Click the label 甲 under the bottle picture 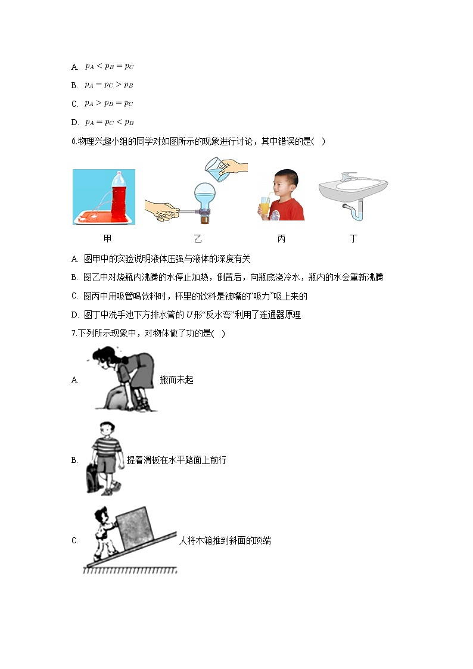[107, 239]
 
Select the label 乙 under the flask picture [198, 239]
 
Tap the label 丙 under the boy [281, 239]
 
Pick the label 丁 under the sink [353, 239]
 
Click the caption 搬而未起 [176, 379]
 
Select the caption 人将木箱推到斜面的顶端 [225, 541]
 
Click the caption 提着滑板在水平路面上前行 [176, 460]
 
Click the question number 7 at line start [73, 334]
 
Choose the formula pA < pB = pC [109, 67]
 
